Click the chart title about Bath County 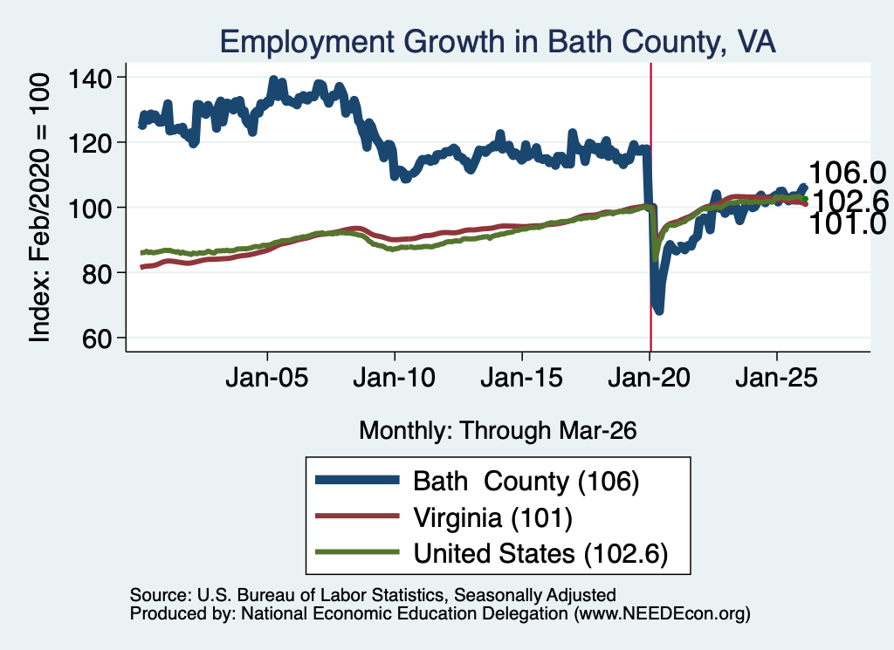[498, 43]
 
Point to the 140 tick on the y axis [90, 78]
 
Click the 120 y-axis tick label [90, 142]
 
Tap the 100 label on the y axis [90, 208]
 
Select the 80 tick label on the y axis [97, 273]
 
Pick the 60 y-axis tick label [97, 339]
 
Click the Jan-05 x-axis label [267, 377]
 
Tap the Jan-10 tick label [395, 377]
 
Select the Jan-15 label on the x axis [522, 377]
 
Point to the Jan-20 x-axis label [650, 377]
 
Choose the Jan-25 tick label [776, 377]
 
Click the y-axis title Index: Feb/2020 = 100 [40, 208]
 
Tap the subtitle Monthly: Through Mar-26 [498, 431]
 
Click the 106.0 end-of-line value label [847, 173]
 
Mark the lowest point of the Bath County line [659, 311]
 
